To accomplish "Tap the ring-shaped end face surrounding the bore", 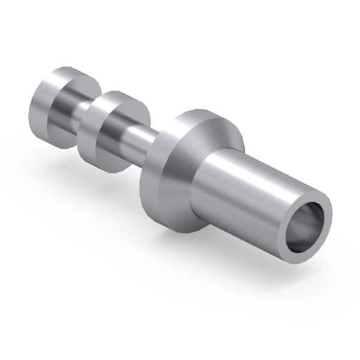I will [x=324, y=204].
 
